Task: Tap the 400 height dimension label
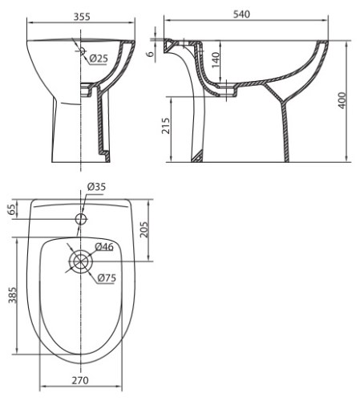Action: (x=342, y=100)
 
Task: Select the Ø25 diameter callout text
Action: (x=99, y=58)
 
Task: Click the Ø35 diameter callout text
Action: (x=96, y=187)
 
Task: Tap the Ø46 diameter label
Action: (x=104, y=246)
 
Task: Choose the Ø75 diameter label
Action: (x=107, y=278)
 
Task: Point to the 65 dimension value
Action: (x=11, y=210)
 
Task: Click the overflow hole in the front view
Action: (x=82, y=50)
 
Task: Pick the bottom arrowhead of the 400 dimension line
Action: (x=349, y=159)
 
